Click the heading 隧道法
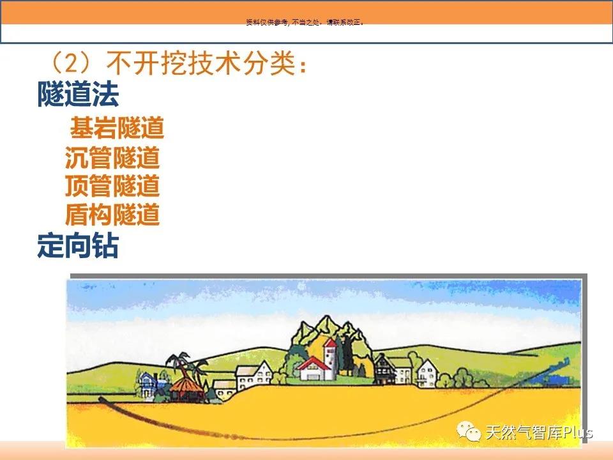tap(78, 94)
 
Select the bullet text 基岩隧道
tap(117, 128)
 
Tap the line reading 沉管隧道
tap(112, 157)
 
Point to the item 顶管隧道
tap(112, 185)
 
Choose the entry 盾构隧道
tap(112, 214)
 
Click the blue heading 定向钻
tap(78, 245)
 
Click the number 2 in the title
tap(72, 63)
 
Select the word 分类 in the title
tap(269, 63)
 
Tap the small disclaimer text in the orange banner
tap(305, 22)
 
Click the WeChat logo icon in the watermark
tap(468, 431)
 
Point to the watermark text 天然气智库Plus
tap(539, 433)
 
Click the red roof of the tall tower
tap(330, 344)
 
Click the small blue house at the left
tap(148, 385)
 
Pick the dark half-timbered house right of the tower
tap(384, 370)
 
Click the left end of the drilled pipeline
tap(100, 399)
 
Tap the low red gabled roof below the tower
tap(313, 364)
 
